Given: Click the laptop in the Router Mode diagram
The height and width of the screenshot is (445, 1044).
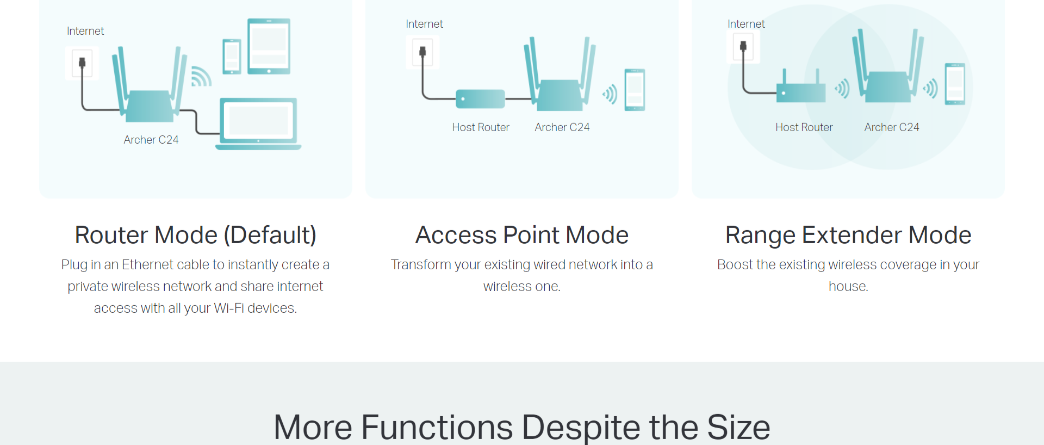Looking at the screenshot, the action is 258,124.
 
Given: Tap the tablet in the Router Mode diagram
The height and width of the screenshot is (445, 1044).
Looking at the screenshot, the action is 269,46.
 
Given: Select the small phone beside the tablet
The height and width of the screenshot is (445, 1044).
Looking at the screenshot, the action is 232,57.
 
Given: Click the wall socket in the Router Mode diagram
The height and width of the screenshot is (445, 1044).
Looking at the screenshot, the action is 82,63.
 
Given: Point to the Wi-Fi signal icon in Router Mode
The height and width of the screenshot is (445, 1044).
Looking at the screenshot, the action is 201,77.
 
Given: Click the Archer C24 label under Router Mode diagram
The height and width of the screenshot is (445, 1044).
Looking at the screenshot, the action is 151,140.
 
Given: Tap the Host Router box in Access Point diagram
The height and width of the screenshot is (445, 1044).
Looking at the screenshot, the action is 480,99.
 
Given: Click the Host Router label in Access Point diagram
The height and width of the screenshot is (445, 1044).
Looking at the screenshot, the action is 481,127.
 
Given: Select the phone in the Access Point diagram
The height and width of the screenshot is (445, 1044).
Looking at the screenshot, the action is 635,90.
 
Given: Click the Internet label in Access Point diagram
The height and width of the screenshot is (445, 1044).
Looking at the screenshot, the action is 424,24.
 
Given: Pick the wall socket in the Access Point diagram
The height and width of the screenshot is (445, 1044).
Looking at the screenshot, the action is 422,52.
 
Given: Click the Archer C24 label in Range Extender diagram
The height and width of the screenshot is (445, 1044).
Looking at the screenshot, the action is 892,127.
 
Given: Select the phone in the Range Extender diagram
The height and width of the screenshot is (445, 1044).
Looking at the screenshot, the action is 955,84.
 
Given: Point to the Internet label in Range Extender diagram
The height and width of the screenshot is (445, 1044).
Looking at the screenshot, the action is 746,24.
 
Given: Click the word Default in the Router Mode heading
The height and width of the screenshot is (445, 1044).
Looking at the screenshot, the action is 270,235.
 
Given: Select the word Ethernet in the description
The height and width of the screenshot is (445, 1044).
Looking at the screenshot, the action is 147,264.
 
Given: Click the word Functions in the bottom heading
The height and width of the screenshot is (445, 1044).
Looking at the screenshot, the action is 437,427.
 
